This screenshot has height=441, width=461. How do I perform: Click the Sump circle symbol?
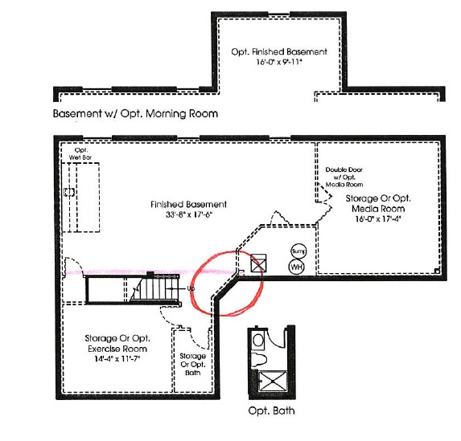(x=298, y=251)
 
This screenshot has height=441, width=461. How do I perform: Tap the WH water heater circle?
(x=296, y=267)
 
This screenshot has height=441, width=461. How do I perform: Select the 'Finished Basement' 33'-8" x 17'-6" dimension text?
(x=189, y=214)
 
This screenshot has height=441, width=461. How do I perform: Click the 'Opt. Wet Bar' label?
(x=80, y=154)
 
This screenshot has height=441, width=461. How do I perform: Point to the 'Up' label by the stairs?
(x=191, y=288)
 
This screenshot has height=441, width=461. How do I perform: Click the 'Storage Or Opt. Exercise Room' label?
(x=117, y=344)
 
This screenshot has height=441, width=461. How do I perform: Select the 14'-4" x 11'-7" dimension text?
(x=117, y=359)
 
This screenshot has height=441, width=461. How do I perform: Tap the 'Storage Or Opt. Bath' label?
(x=192, y=365)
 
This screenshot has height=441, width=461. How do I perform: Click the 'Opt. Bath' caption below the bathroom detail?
(x=271, y=410)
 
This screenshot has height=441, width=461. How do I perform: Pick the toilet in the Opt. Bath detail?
(x=259, y=359)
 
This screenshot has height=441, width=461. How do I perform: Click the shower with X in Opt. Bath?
(x=273, y=381)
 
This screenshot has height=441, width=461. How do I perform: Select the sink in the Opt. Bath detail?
(x=258, y=341)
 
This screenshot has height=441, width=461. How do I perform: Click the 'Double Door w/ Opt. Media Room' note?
(x=344, y=177)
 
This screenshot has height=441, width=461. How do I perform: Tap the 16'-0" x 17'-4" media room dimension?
(x=378, y=219)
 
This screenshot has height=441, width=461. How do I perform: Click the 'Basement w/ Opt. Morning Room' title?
(x=135, y=113)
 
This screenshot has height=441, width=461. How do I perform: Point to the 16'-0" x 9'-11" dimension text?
(x=279, y=62)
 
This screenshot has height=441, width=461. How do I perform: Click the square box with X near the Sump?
(x=258, y=263)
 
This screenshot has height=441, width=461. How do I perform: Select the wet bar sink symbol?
(x=69, y=192)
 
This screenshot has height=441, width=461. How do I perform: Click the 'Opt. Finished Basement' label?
(x=279, y=52)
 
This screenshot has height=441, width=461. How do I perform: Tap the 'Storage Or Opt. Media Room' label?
(x=378, y=203)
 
